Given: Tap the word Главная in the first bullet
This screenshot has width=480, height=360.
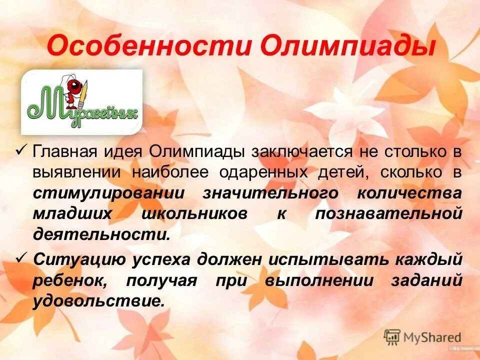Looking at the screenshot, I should [x=67, y=152].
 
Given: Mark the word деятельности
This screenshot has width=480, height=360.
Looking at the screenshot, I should [x=101, y=234].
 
